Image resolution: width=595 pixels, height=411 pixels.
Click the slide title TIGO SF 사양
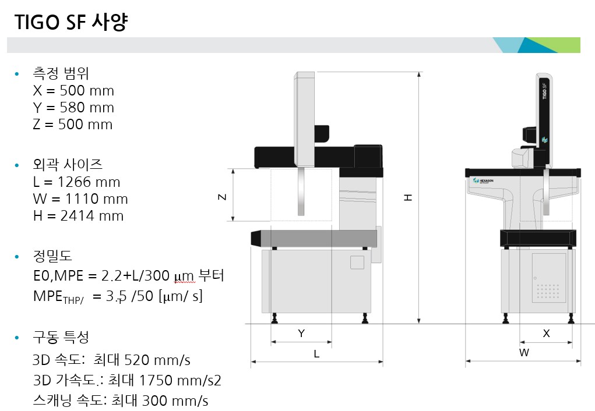[x=71, y=22]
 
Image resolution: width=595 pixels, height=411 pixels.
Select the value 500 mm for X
[x=87, y=91]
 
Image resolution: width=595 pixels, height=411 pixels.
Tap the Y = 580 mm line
[x=73, y=108]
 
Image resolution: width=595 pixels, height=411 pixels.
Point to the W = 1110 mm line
[x=80, y=199]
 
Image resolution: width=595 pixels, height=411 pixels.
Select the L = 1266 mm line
[x=77, y=182]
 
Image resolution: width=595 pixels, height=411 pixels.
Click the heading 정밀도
[x=53, y=256]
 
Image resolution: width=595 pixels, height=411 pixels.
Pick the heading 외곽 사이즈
[x=68, y=165]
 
